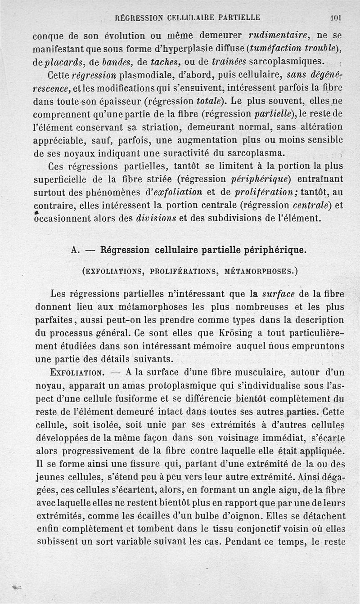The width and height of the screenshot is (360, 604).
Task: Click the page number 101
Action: pos(335,18)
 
